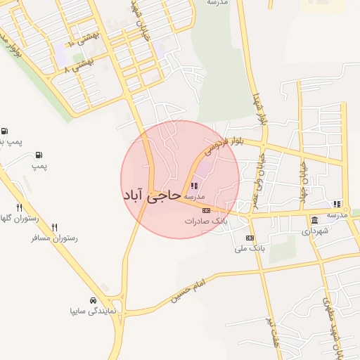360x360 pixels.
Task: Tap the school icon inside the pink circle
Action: tap(194, 186)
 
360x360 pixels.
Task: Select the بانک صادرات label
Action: tap(206, 221)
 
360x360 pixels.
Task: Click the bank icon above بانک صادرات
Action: tap(206, 210)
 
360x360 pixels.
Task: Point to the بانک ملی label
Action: tap(250, 248)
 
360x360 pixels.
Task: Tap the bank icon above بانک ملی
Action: tap(250, 238)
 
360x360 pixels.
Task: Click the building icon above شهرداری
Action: tap(314, 221)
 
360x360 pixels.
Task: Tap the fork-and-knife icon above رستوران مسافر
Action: tap(54, 228)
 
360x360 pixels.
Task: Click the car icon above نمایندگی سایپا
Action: tap(94, 300)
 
